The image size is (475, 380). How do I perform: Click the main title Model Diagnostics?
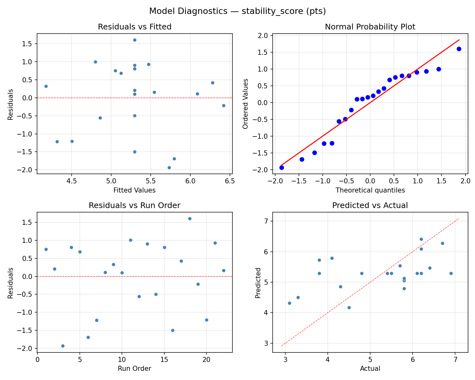[x=237, y=11]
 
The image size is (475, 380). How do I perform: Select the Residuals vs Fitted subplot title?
[x=135, y=27]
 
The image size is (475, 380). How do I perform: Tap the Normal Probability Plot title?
[x=370, y=27]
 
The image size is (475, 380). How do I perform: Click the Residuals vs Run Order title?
[x=135, y=206]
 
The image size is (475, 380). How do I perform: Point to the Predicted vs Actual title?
[x=370, y=206]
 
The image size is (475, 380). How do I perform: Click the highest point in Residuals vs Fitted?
[x=135, y=40]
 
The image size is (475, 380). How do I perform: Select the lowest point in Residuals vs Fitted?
[x=169, y=168]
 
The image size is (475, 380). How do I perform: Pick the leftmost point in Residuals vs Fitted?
[x=46, y=86]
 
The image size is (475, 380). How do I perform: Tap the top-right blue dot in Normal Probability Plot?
[x=459, y=49]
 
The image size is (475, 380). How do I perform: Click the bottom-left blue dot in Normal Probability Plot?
[x=282, y=168]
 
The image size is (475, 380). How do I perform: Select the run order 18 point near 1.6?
[x=190, y=218]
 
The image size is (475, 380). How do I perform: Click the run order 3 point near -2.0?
[x=63, y=346]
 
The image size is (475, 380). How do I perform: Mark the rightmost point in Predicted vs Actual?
[x=451, y=273]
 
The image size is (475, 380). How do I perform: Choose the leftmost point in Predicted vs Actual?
[x=289, y=303]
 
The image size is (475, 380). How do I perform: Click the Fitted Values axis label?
[x=135, y=190]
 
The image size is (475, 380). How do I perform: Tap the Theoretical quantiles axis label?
[x=370, y=190]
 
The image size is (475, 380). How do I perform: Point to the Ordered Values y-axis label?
[x=245, y=104]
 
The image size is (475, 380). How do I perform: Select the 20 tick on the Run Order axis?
[x=206, y=360]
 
